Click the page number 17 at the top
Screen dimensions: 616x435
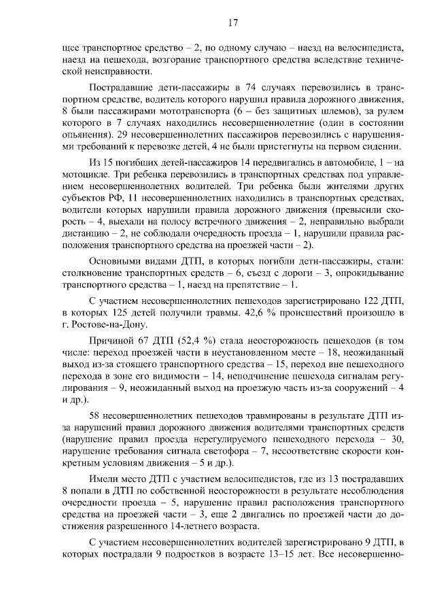click(232, 24)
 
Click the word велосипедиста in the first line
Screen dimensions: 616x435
click(372, 49)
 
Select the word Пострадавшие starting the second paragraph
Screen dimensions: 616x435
click(121, 88)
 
